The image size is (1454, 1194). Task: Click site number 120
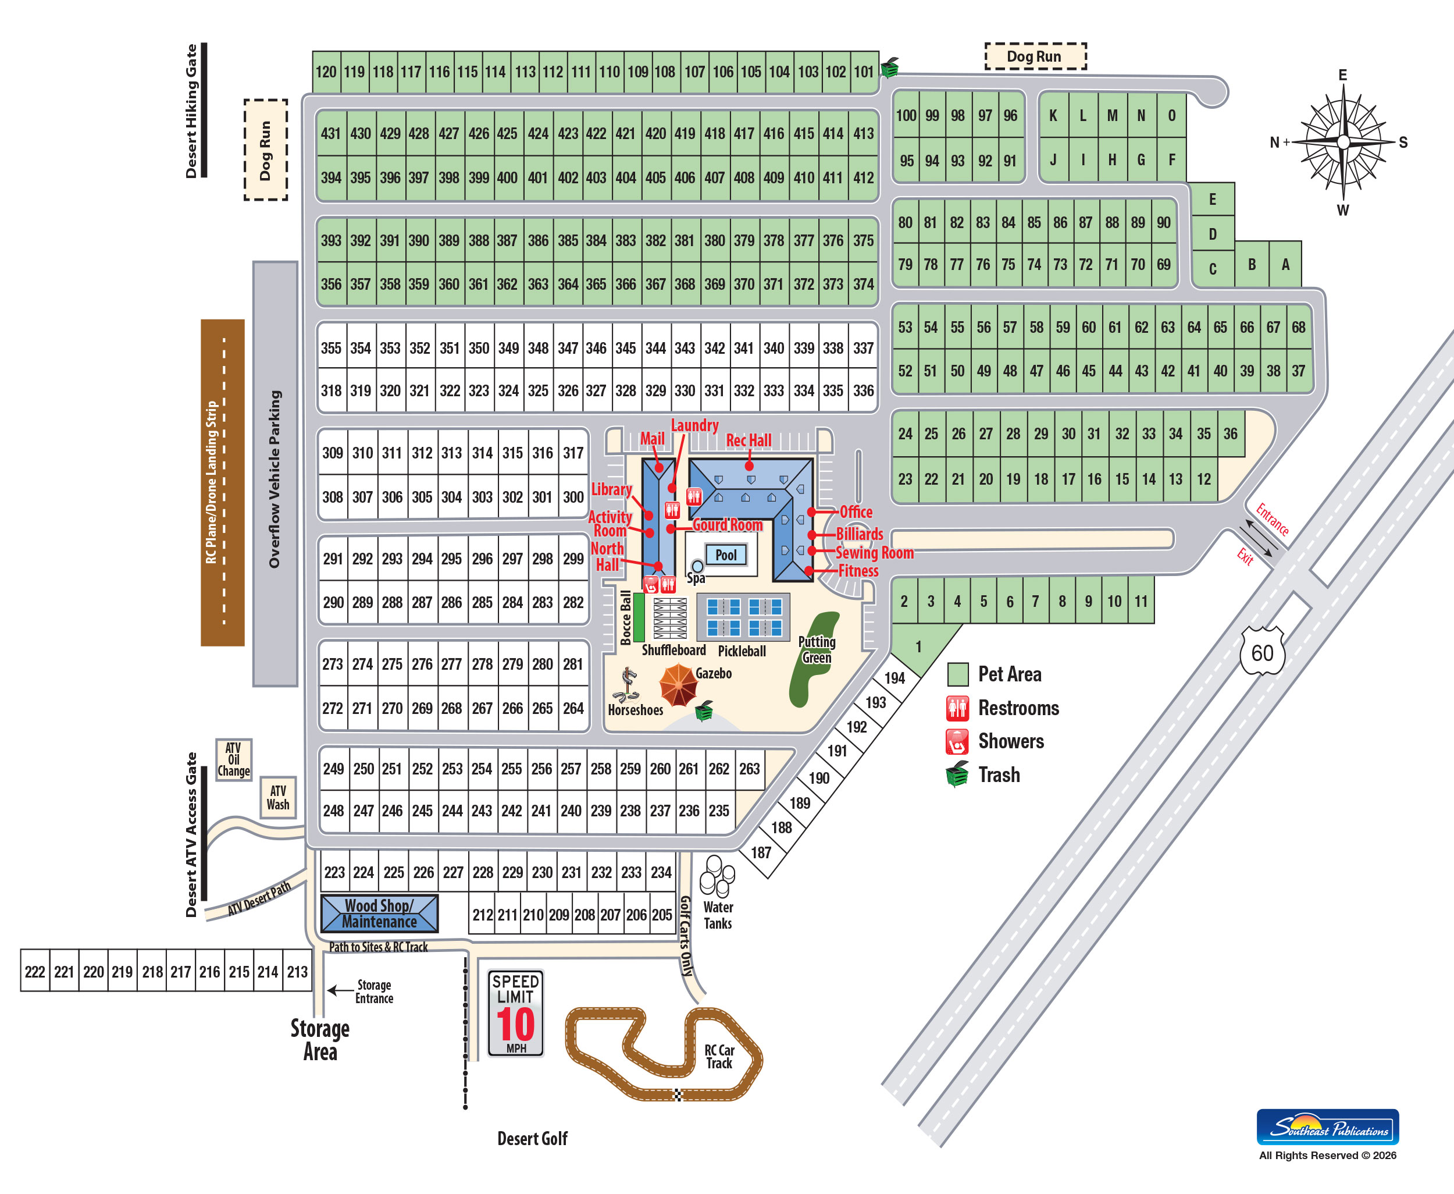point(326,72)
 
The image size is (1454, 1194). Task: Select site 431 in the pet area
point(331,133)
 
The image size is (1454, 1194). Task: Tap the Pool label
point(726,555)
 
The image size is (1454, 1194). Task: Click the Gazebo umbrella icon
point(679,684)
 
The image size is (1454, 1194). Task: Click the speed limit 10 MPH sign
point(516,1012)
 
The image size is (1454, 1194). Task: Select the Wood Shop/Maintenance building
point(379,914)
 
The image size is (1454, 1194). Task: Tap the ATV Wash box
point(278,797)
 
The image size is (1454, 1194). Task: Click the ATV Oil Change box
point(234,759)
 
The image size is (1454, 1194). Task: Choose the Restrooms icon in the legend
point(958,708)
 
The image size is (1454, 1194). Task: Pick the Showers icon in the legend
point(958,741)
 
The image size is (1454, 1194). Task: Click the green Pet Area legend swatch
point(958,674)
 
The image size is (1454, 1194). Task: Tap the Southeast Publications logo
point(1328,1127)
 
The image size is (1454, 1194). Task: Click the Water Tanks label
point(718,915)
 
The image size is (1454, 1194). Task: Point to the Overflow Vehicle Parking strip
point(275,474)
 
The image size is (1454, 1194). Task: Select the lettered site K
point(1053,116)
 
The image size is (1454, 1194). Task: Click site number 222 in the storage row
point(35,971)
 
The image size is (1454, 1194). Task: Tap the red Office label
point(856,511)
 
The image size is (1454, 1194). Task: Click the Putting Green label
point(817,649)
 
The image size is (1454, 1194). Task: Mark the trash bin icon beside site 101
point(890,67)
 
